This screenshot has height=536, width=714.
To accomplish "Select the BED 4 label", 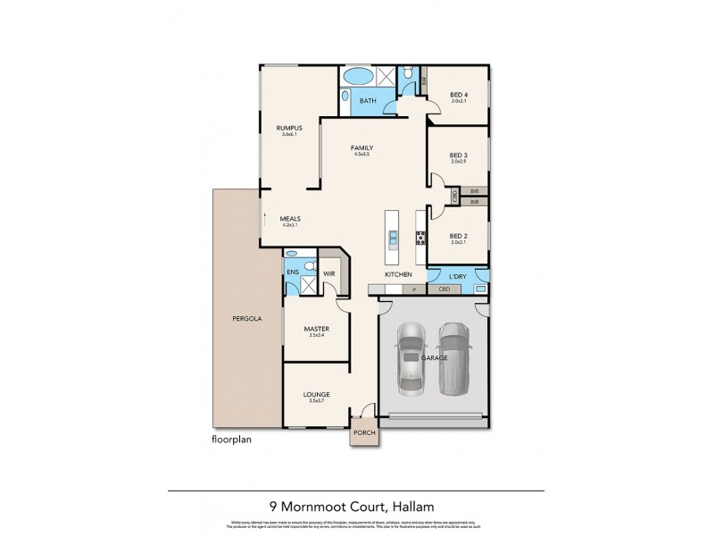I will pyautogui.click(x=458, y=95).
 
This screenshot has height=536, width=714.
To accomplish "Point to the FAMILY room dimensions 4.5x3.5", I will pyautogui.click(x=361, y=155).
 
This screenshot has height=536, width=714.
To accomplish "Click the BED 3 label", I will pyautogui.click(x=459, y=155).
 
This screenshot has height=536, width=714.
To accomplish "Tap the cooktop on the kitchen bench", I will pyautogui.click(x=420, y=237).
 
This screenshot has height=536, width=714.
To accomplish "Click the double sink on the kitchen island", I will pyautogui.click(x=392, y=237).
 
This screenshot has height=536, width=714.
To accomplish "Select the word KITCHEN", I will pyautogui.click(x=397, y=274).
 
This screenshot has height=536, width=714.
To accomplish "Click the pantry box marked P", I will pyautogui.click(x=413, y=290).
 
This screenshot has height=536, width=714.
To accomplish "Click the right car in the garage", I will pyautogui.click(x=454, y=354).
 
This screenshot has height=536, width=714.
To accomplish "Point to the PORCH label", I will pyautogui.click(x=365, y=434).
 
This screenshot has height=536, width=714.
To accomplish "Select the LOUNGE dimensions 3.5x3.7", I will pyautogui.click(x=317, y=401).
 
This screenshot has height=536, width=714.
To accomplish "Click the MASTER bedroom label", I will pyautogui.click(x=316, y=329).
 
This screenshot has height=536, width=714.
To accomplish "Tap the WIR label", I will pyautogui.click(x=328, y=275).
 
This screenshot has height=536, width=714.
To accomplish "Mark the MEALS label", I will pyautogui.click(x=289, y=219).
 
